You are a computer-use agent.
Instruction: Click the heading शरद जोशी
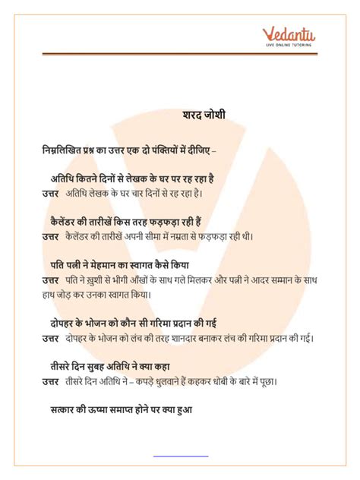(204, 115)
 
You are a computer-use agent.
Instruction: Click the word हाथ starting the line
(50, 294)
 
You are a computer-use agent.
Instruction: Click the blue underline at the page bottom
(180, 456)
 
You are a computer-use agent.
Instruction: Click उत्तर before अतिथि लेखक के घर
(51, 193)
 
